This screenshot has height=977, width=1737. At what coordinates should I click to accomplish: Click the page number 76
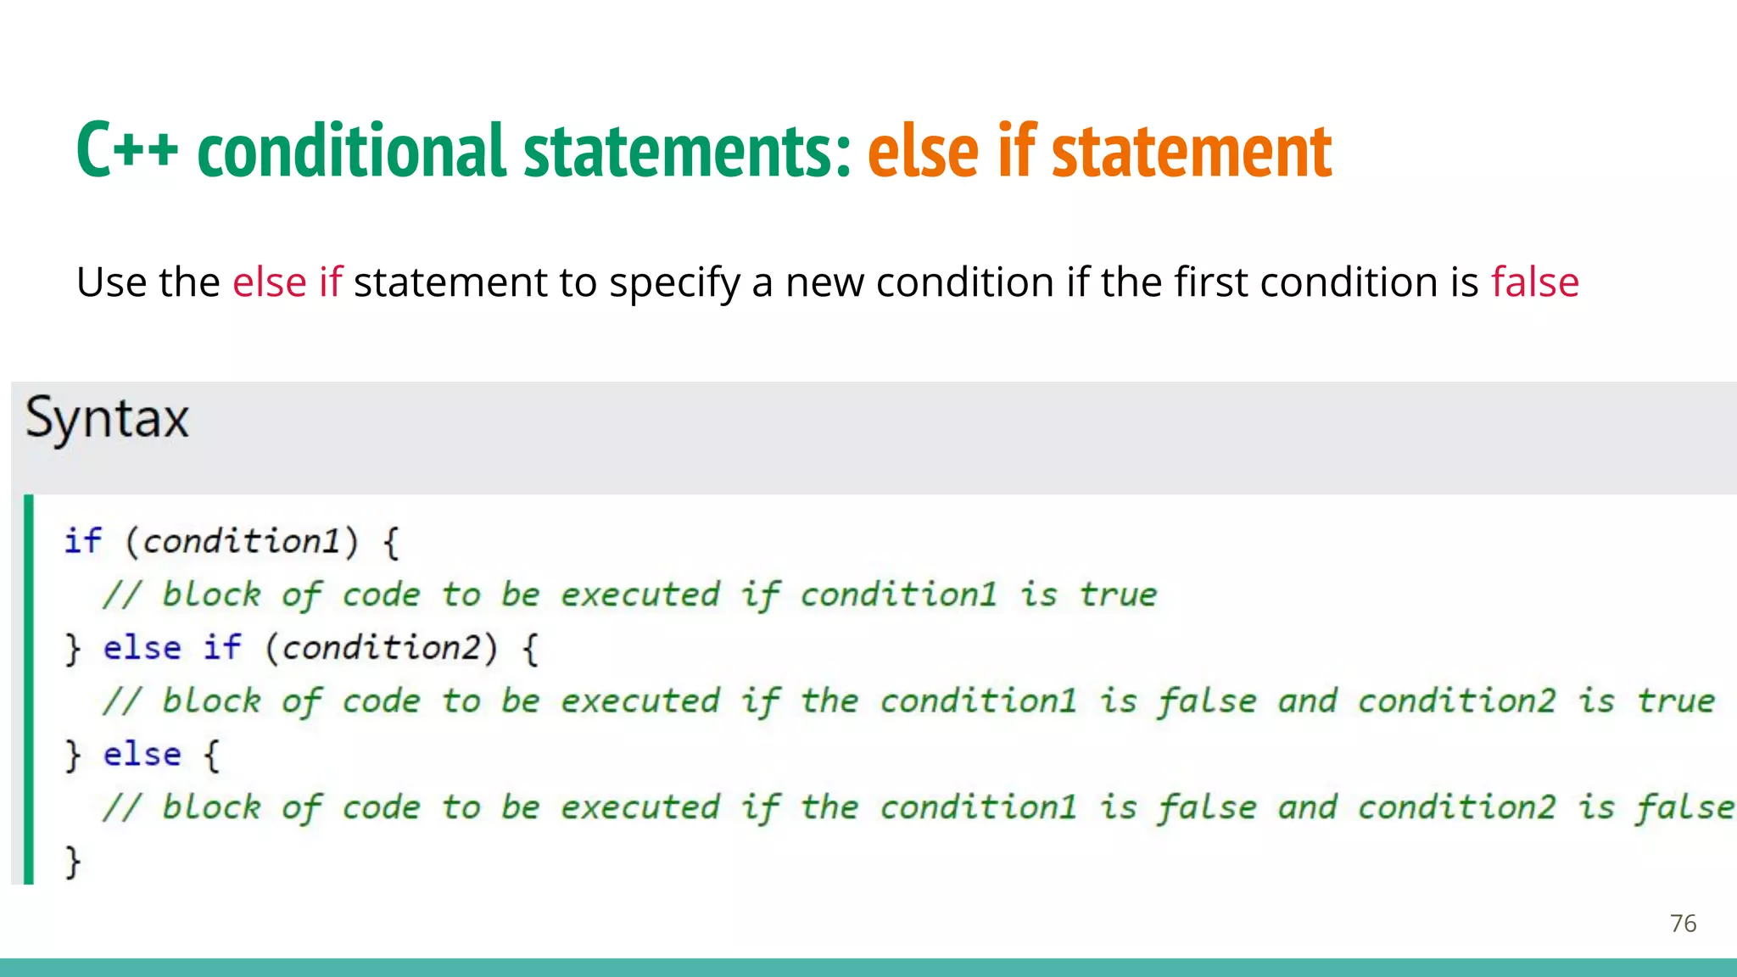pyautogui.click(x=1683, y=924)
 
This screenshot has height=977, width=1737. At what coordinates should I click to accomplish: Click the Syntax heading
pyautogui.click(x=107, y=419)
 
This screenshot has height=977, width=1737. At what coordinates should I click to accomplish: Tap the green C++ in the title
pyautogui.click(x=127, y=150)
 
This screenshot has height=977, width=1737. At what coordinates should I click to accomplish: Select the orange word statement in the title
pyautogui.click(x=1191, y=150)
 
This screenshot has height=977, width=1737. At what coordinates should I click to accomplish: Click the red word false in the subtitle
pyautogui.click(x=1534, y=282)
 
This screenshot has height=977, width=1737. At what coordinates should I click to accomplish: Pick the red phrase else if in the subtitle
pyautogui.click(x=287, y=282)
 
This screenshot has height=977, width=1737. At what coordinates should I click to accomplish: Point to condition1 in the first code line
pyautogui.click(x=242, y=541)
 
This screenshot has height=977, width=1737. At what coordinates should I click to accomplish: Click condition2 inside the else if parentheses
pyautogui.click(x=381, y=648)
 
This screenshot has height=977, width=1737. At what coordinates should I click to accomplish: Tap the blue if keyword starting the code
pyautogui.click(x=83, y=541)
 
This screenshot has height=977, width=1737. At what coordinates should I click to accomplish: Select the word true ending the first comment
pyautogui.click(x=1118, y=595)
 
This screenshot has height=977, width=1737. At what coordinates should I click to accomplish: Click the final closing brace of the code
pyautogui.click(x=73, y=862)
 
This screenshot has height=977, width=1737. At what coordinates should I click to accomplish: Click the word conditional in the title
pyautogui.click(x=353, y=150)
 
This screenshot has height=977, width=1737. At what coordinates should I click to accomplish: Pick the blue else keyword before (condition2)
pyautogui.click(x=142, y=648)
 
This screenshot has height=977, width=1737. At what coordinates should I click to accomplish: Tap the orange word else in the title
pyautogui.click(x=923, y=150)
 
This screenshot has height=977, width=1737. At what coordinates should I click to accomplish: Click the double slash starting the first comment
pyautogui.click(x=121, y=595)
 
